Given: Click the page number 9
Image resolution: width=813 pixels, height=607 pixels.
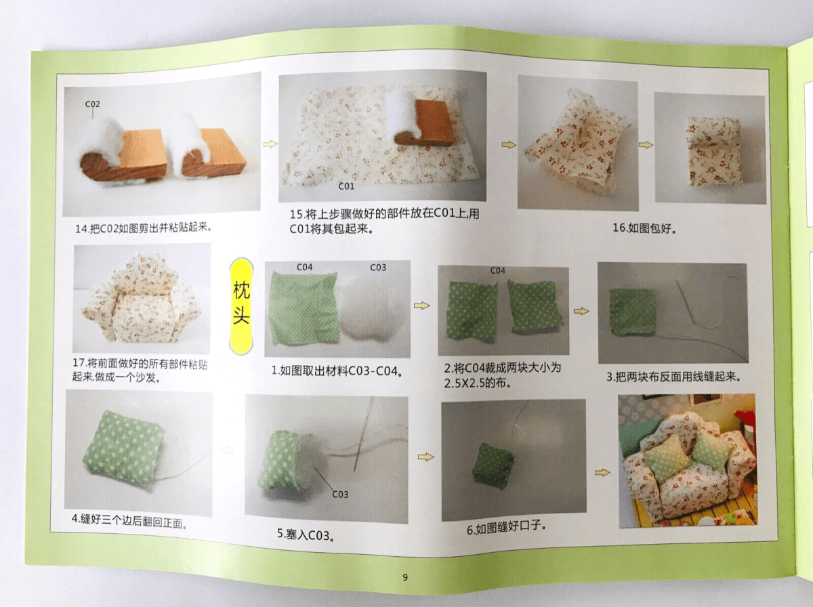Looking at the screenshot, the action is [405, 577].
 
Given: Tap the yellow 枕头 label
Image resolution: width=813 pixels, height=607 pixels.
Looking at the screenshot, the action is [241, 307].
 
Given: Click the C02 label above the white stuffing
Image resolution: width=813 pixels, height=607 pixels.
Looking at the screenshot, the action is [93, 104].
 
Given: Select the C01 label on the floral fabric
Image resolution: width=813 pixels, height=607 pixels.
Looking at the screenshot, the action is [346, 186].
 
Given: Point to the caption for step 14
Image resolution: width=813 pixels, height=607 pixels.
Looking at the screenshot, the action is [144, 228].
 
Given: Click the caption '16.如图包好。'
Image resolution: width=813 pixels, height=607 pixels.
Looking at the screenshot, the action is [644, 228].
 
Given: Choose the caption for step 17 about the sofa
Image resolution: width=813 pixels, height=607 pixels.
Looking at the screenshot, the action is [140, 371].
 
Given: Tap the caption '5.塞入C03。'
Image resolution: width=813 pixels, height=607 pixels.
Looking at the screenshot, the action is [306, 535].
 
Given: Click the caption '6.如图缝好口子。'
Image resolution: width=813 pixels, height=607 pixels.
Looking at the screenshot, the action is [506, 528].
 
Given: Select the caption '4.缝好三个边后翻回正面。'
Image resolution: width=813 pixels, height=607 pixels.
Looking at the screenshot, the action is [129, 522].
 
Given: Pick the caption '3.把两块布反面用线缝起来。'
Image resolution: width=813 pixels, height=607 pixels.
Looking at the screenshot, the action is [673, 376].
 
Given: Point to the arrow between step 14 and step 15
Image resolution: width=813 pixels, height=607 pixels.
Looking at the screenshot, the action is [270, 144].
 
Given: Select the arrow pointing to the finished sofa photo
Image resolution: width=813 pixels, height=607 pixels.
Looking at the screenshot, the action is [602, 473].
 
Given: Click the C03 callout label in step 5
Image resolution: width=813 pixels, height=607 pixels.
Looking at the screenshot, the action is [340, 494].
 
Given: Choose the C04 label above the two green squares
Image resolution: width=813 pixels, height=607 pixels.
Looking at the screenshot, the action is [497, 271].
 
